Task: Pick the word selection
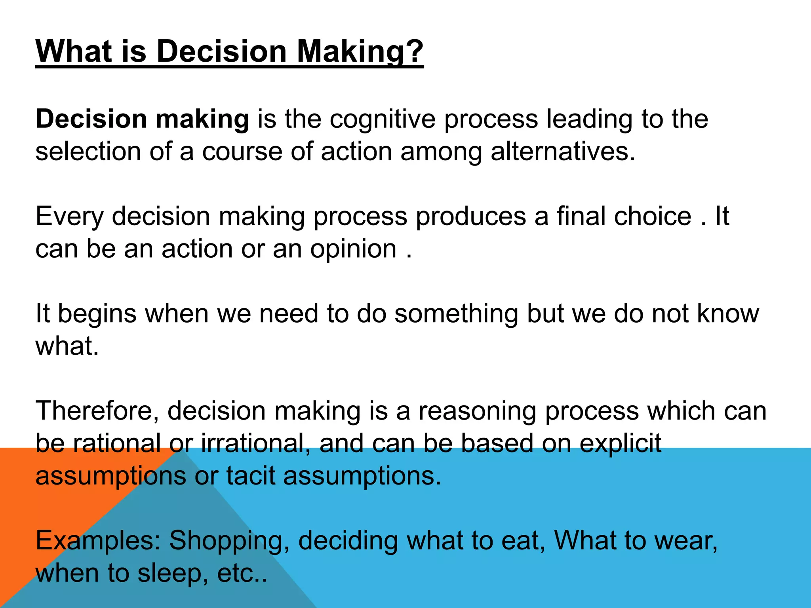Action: (88, 152)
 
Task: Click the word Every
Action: (69, 217)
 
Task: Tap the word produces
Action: (471, 217)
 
